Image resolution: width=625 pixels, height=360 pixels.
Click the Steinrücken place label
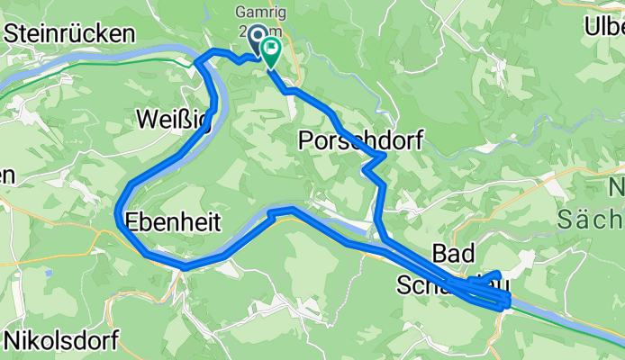pos(69,33)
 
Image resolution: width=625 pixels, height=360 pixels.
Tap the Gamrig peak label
pos(260,13)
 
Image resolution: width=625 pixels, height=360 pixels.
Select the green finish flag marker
pos(270,49)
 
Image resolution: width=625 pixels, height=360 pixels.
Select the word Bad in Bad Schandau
pos(453,252)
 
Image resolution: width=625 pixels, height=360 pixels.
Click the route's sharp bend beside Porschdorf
pos(385,156)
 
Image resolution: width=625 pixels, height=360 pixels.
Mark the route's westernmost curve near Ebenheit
pos(118,211)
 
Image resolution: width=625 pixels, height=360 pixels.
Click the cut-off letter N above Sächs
pos(617,189)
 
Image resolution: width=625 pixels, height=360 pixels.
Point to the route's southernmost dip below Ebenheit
pos(184,267)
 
